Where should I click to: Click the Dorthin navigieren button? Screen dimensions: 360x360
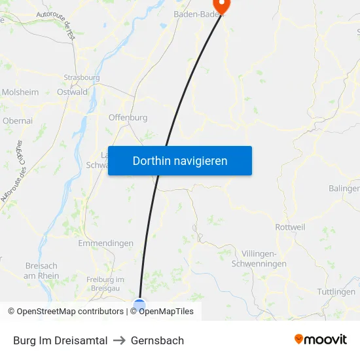180,160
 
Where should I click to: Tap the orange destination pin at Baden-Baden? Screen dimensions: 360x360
223,5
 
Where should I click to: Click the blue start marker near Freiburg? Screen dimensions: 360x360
139,303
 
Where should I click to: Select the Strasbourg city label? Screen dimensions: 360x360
82,77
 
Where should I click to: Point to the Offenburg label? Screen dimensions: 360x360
128,118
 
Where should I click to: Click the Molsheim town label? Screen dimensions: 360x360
20,92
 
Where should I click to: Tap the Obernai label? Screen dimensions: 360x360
18,120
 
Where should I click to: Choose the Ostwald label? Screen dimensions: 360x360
72,92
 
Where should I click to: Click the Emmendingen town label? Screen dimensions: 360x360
105,243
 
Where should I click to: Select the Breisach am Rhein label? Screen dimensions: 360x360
41,271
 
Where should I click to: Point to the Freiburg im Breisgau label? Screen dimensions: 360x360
105,284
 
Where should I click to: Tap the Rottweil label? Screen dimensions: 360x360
290,227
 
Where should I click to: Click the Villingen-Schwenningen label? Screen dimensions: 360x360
259,259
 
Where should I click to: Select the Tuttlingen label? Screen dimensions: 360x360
336,291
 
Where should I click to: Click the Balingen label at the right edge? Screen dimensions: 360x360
345,189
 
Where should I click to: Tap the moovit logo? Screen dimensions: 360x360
321,339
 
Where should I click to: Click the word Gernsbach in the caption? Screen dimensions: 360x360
157,340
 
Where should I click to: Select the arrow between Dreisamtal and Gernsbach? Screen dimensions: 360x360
119,340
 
